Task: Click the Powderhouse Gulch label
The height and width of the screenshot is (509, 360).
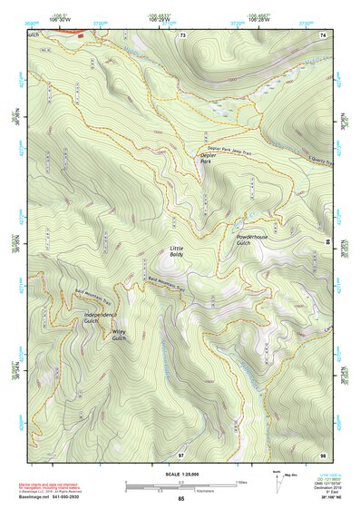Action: pos(249,240)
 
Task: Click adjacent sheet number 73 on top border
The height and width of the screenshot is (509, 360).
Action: pos(182,34)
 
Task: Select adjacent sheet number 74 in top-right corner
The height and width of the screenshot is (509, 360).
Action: pos(323,34)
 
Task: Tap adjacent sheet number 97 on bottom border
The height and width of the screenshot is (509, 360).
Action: pos(180,453)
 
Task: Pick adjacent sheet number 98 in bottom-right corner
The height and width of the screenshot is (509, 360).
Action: pos(323,453)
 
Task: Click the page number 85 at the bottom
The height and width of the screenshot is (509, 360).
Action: pos(180,499)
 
